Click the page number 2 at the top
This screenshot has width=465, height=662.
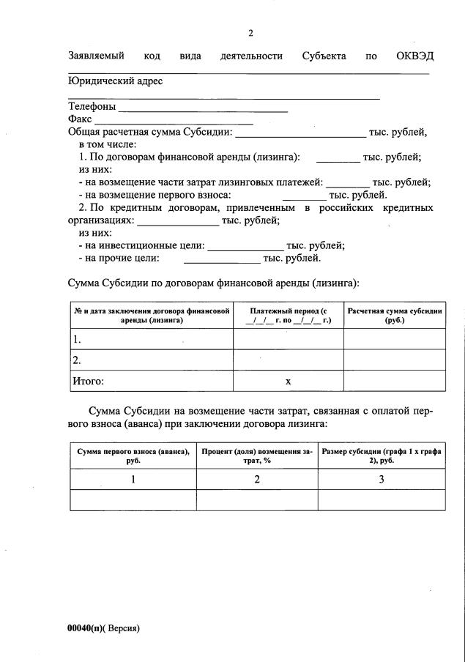[250, 33]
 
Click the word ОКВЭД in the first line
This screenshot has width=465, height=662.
[415, 56]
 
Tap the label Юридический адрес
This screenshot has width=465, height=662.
[115, 81]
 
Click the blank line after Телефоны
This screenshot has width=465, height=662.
[203, 108]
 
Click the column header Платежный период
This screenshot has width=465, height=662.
[289, 316]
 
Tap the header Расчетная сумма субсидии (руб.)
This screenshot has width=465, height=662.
[395, 316]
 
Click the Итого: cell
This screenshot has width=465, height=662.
[88, 381]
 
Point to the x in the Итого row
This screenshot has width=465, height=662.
[289, 382]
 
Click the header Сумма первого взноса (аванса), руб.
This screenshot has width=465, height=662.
[133, 456]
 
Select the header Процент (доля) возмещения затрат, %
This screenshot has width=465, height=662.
[257, 456]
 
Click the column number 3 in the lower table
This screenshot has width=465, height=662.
[381, 480]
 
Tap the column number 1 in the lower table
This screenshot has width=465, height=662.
[133, 480]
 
